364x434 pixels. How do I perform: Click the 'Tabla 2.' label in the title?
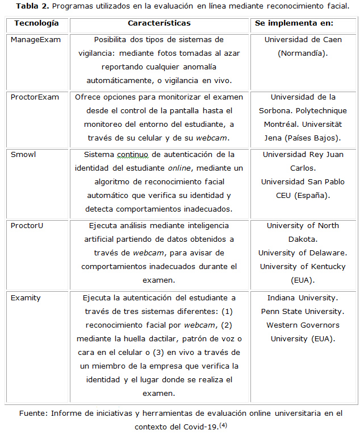pos(31,6)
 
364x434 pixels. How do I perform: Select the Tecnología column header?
pos(36,23)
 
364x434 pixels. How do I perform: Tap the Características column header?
pos(159,23)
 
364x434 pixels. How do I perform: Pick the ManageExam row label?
pos(36,40)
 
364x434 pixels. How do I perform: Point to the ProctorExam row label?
pos(35,97)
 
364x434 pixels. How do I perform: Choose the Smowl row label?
pos(23,154)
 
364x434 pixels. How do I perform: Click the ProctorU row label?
pos(27,225)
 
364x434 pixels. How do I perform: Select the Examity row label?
pos(26,297)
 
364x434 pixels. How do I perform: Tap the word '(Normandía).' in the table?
pos(303,53)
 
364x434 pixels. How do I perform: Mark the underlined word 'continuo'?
pos(132,154)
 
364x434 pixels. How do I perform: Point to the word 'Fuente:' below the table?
pos(34,413)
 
